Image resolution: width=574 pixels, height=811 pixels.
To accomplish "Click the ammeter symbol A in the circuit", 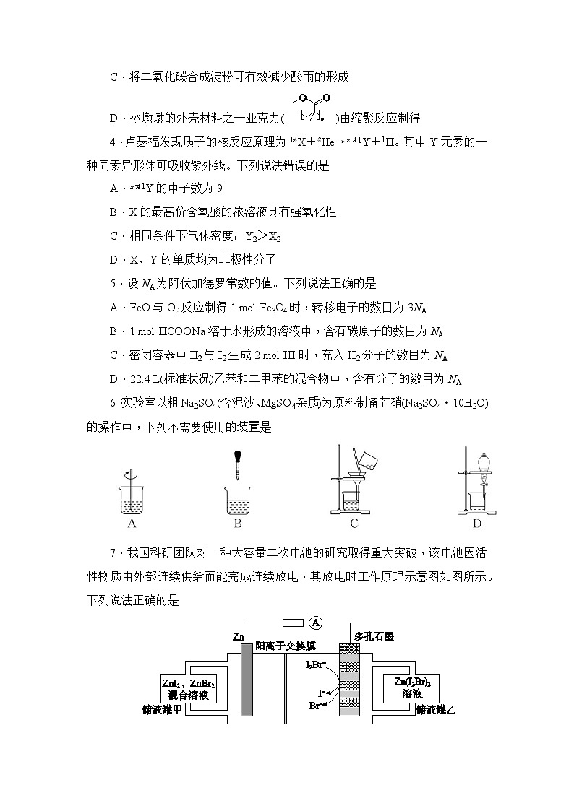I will [x=315, y=622].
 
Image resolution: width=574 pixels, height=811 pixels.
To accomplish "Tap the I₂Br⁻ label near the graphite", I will [x=315, y=664].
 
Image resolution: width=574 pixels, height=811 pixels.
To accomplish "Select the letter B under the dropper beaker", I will [x=238, y=524].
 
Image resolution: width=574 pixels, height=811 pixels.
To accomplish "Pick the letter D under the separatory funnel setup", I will [x=477, y=524].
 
